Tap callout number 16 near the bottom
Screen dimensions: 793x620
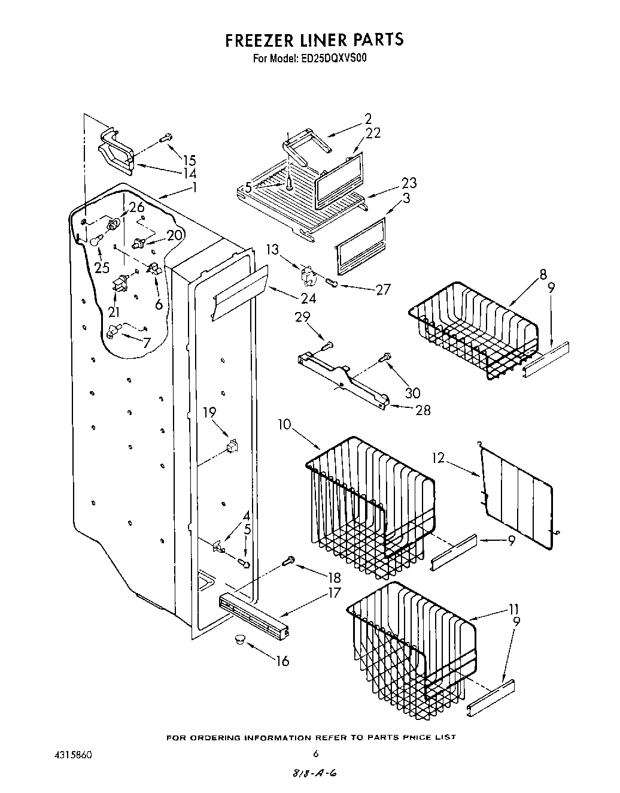(282, 661)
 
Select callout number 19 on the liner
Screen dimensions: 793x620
(209, 412)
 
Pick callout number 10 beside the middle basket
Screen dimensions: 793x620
(284, 425)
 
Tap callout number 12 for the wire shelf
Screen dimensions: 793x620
(439, 442)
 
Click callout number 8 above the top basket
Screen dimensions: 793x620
(543, 275)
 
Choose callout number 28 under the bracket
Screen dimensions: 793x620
(423, 410)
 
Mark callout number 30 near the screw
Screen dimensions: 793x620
(412, 393)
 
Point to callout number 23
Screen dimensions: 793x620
(409, 183)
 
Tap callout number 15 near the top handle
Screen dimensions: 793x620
(189, 160)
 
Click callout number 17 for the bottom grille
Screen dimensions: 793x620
(333, 593)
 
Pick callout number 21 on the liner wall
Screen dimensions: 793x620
(114, 311)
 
